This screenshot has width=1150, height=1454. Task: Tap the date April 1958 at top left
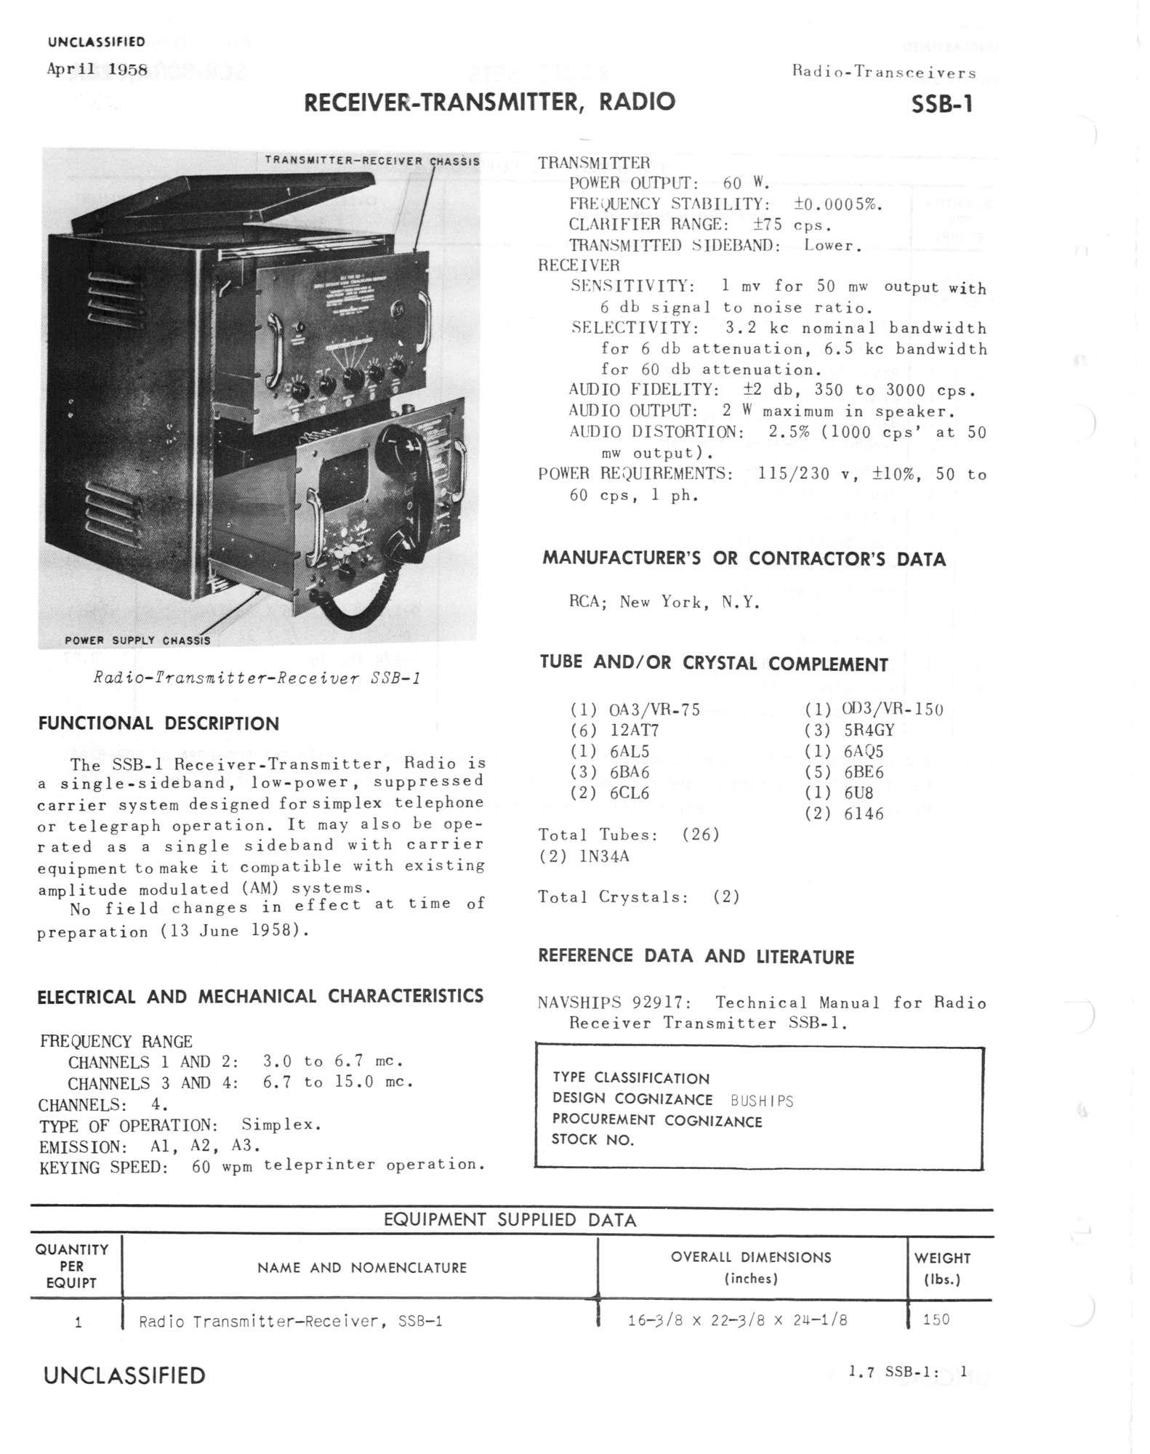click(97, 70)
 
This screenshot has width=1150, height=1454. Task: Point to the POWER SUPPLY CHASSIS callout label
click(137, 640)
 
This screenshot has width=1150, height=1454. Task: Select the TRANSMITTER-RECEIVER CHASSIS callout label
click(371, 161)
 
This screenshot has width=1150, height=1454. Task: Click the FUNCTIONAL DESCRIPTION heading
click(158, 724)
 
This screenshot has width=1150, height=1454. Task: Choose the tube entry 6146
click(864, 814)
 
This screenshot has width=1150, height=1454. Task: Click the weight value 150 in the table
click(936, 1320)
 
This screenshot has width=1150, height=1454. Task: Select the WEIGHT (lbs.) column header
click(942, 1268)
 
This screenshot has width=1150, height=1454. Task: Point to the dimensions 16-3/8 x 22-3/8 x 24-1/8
click(737, 1320)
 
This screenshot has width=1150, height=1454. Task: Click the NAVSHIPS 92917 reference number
click(614, 1003)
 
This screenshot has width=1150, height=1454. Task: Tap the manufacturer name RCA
click(587, 602)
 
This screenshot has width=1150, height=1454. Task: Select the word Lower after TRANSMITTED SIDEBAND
click(832, 245)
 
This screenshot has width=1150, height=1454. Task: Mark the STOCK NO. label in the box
click(592, 1140)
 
